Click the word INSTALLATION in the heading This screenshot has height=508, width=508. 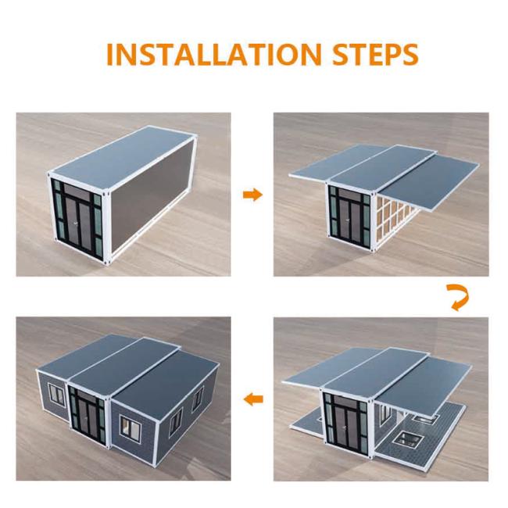point(214,54)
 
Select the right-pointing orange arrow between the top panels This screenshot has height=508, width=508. point(252,195)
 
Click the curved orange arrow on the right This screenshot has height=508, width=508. point(458,297)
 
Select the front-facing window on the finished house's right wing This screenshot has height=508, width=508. point(131,426)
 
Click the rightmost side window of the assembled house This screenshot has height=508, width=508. point(198,399)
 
